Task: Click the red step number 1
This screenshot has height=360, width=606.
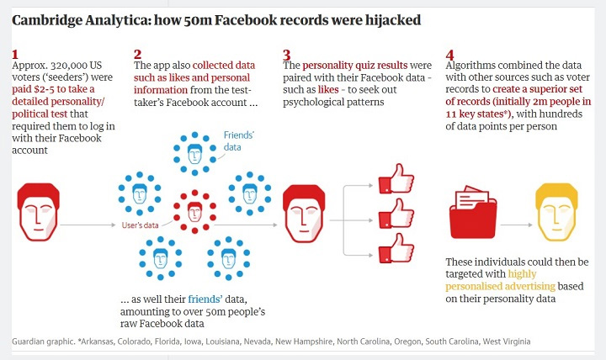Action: pyautogui.click(x=15, y=55)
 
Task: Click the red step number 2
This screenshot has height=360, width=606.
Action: pyautogui.click(x=138, y=55)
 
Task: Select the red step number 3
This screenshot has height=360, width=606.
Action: pyautogui.click(x=287, y=55)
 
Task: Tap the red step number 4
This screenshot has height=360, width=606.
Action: pyautogui.click(x=449, y=55)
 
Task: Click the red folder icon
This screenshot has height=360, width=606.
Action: pyautogui.click(x=474, y=214)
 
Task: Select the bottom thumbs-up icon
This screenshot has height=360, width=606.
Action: pyautogui.click(x=392, y=250)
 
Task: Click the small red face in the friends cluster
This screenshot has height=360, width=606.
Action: pyautogui.click(x=194, y=210)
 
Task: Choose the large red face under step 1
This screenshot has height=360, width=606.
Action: pyautogui.click(x=38, y=212)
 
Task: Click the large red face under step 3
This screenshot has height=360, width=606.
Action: pyautogui.click(x=306, y=212)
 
